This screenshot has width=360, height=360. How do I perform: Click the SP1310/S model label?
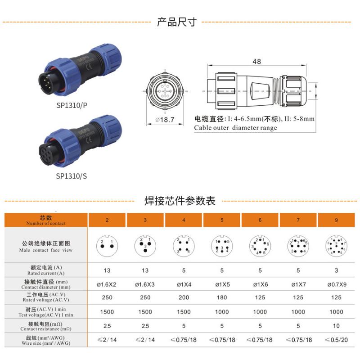[72, 176]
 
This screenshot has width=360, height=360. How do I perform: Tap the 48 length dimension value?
[256, 62]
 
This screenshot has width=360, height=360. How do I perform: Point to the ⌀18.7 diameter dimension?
[165, 119]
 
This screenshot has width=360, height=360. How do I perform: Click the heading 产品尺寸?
[176, 22]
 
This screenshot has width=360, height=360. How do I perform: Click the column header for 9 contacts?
[336, 220]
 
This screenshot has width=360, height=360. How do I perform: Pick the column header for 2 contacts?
[107, 220]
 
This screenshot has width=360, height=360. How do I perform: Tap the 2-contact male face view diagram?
[107, 245]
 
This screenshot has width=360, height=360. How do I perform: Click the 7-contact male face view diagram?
[298, 245]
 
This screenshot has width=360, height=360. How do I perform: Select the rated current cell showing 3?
[336, 270]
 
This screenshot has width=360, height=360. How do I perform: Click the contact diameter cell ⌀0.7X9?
[336, 284]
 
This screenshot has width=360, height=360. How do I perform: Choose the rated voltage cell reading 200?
[183, 297]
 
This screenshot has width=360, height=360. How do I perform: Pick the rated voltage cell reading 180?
[221, 297]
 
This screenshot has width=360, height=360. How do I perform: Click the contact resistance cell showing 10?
[336, 325]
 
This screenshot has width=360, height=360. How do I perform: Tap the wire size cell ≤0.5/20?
[336, 340]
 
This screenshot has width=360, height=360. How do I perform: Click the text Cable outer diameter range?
[235, 128]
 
